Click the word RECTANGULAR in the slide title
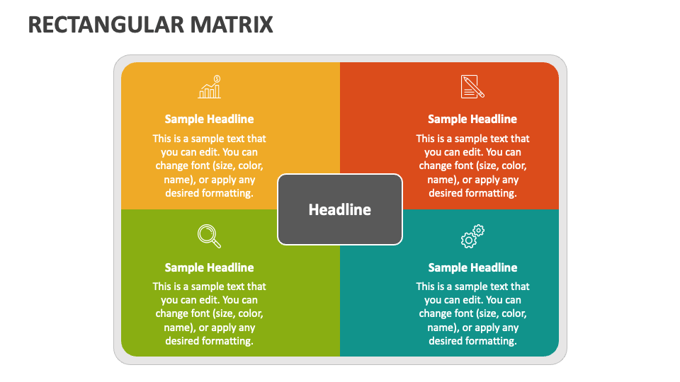point(106,25)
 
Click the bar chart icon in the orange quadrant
point(210,86)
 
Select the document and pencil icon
point(472,86)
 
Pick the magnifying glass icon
point(209,236)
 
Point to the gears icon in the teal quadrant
point(472,236)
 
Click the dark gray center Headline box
point(340,209)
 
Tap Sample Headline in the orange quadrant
point(209,119)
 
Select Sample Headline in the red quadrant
point(472,119)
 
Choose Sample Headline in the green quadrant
point(209,267)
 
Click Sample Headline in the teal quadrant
point(472,267)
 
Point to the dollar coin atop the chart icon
point(217,79)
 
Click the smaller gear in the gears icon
point(478,230)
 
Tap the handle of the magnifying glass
point(216,243)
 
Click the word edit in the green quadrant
point(210,300)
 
